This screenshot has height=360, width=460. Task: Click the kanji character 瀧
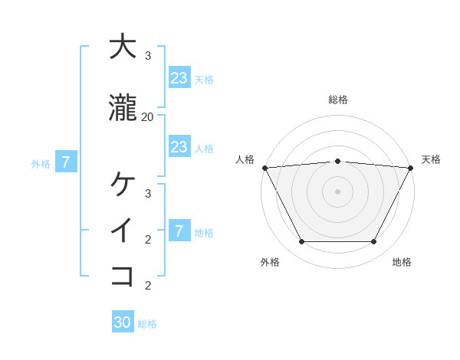[x=123, y=109]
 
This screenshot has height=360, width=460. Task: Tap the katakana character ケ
[x=123, y=185]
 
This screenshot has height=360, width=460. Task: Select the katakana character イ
[x=123, y=230]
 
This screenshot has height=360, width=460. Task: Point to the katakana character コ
[x=123, y=276]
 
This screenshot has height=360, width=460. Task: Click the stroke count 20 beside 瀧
[x=147, y=117]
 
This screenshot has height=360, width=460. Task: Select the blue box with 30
[x=123, y=322]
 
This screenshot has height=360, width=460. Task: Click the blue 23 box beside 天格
[x=179, y=78]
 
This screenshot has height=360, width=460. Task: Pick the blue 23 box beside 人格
[x=179, y=147]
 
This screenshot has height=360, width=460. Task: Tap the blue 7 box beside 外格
[x=66, y=162]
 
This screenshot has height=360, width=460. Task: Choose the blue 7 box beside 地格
[x=179, y=231]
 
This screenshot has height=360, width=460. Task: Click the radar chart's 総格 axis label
[x=337, y=100]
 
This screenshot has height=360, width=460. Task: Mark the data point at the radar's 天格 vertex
[x=411, y=168]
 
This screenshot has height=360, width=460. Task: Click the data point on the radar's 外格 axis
[x=301, y=242]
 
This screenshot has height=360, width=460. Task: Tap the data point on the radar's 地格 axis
[x=374, y=242]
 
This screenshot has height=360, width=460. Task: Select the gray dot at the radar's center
[x=337, y=191]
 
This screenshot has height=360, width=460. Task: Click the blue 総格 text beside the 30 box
[x=147, y=324]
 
